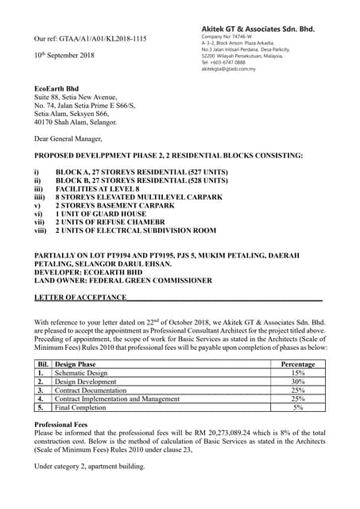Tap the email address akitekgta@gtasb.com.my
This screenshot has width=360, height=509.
[228, 69]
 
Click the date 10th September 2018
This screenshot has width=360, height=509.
[64, 56]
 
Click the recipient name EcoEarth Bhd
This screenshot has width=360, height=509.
[56, 87]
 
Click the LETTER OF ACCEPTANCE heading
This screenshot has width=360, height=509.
[79, 297]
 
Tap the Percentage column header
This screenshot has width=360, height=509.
[299, 363]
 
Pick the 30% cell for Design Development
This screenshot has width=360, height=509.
[299, 381]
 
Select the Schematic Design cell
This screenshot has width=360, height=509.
[81, 372]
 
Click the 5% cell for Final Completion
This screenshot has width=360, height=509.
[299, 407]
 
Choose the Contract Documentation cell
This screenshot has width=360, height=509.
[91, 390]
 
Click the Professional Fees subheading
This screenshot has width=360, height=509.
[64, 425]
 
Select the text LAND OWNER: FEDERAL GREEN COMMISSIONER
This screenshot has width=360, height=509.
[123, 280]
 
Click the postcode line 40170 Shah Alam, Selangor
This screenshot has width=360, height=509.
[75, 122]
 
